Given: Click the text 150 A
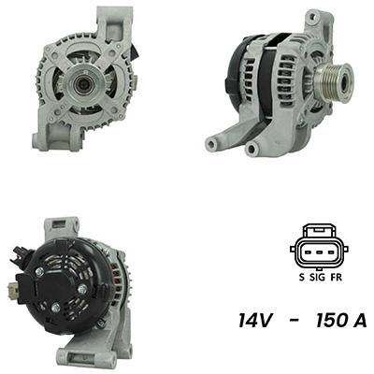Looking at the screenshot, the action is point(341,321).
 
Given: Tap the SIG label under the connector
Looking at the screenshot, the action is point(317,278).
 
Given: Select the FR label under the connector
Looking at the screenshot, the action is point(336,278).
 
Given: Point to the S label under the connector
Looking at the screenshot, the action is point(301,278).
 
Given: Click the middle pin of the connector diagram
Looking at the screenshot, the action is point(319,252).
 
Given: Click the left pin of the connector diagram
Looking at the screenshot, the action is point(309,252).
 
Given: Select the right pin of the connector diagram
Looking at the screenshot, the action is point(330,252).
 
